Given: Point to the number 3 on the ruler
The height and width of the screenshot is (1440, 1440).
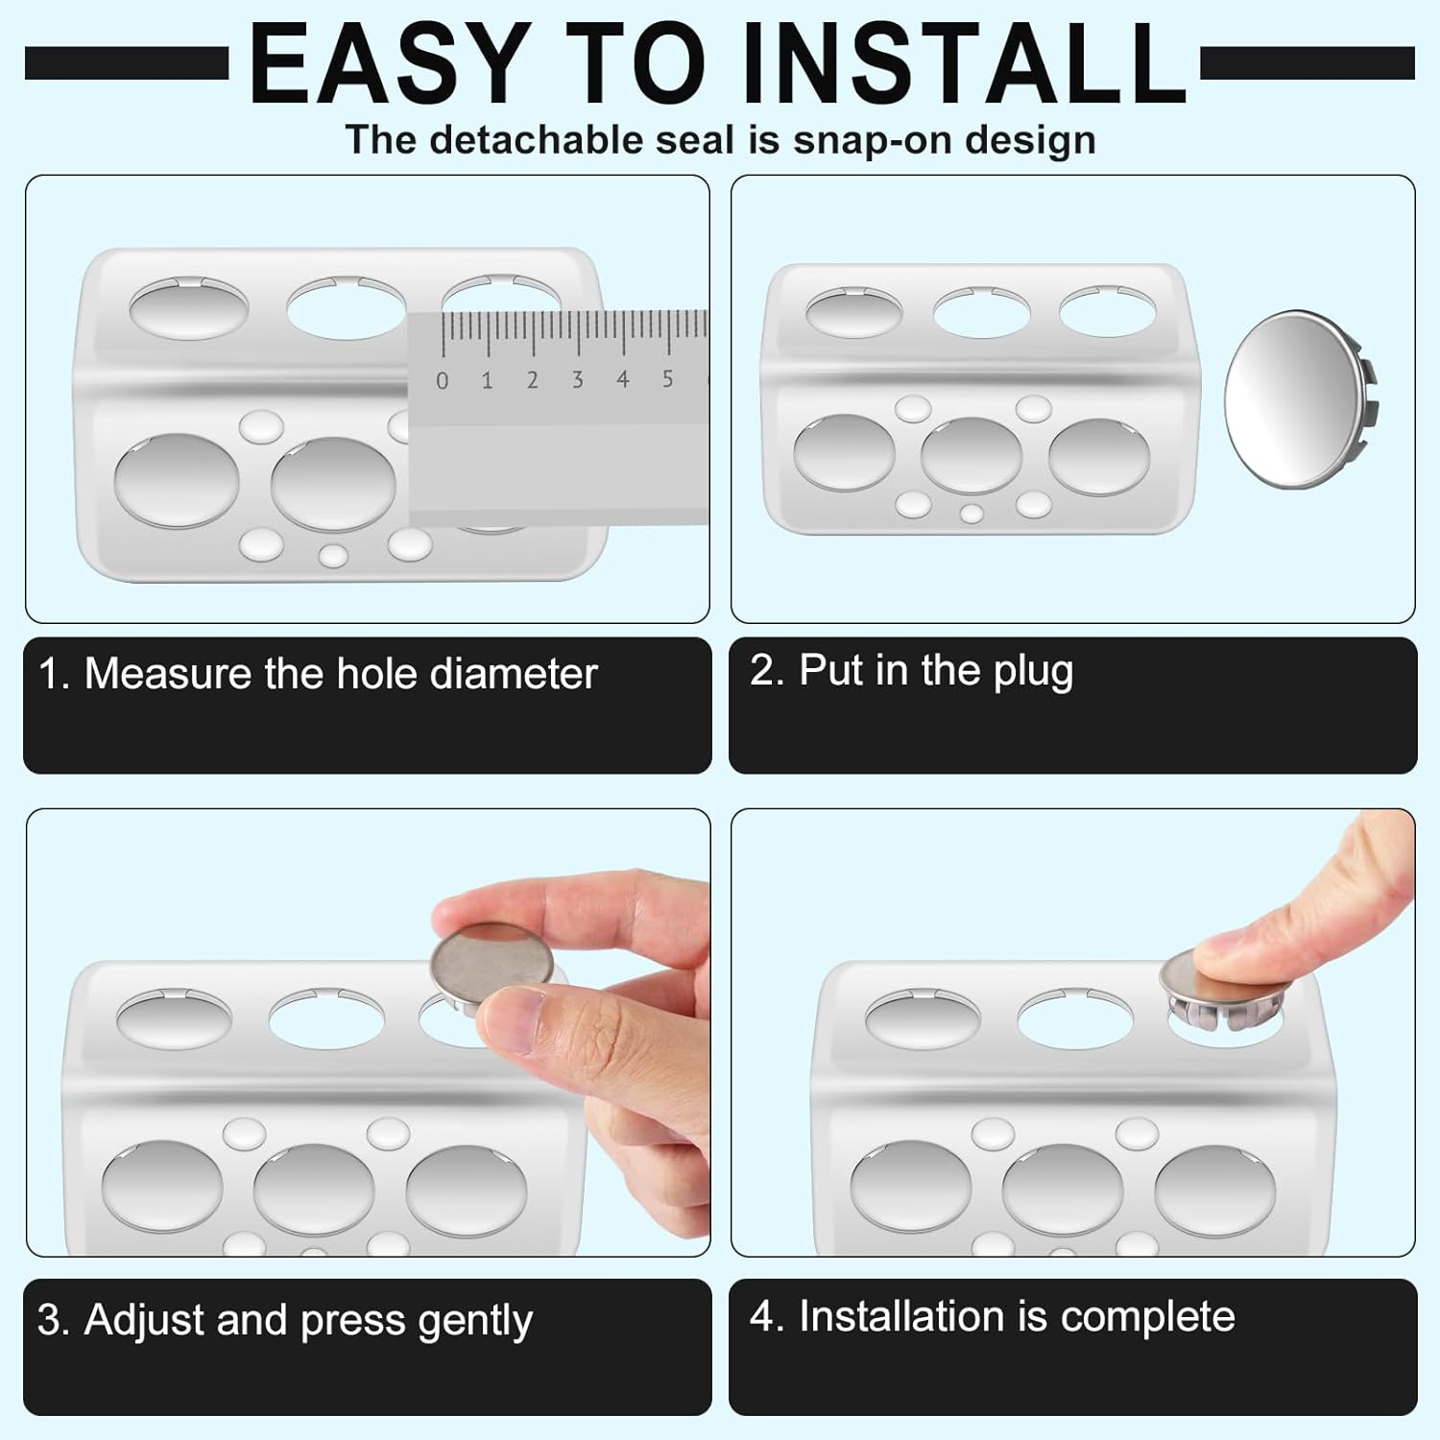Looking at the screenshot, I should click(x=577, y=380).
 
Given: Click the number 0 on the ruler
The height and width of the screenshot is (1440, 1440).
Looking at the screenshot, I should click(x=442, y=381).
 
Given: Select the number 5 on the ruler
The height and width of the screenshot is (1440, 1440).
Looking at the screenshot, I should click(x=667, y=379).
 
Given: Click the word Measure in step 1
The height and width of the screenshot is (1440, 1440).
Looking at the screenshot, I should click(x=168, y=674).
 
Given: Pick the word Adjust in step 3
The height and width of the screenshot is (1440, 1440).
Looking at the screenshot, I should click(x=144, y=1320).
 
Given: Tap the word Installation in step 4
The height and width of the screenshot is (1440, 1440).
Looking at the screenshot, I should click(x=900, y=1316).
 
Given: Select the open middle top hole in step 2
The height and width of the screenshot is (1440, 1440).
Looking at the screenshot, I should click(x=981, y=313).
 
